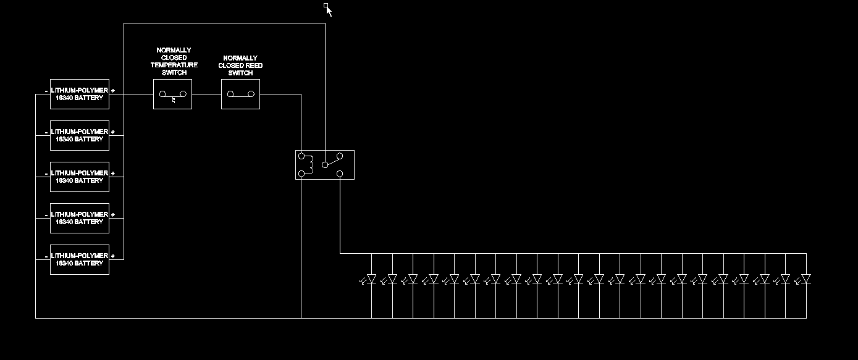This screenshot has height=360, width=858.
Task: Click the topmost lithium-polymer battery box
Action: click(79, 94)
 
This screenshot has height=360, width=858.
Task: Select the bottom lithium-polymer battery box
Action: click(79, 259)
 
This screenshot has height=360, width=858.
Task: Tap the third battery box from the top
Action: click(79, 177)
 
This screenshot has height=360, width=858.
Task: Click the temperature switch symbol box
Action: click(172, 94)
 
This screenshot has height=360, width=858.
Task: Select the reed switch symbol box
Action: click(240, 94)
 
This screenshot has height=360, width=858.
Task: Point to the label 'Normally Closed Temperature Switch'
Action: click(174, 61)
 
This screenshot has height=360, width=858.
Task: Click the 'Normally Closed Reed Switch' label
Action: click(240, 65)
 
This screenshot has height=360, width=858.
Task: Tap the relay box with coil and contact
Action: click(324, 165)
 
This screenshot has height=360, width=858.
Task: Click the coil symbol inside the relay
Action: click(311, 164)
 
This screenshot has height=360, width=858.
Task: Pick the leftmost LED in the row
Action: click(371, 279)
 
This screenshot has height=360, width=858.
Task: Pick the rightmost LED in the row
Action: click(805, 279)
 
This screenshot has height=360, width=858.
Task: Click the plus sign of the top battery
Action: click(113, 91)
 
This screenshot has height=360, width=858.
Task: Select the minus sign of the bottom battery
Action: click(46, 256)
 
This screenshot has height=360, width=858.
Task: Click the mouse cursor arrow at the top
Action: click(329, 10)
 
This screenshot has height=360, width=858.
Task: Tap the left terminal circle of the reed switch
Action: click(230, 94)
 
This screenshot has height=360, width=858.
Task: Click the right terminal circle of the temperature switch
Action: click(183, 94)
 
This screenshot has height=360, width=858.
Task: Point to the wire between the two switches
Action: click(206, 94)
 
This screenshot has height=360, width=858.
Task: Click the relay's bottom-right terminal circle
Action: click(340, 174)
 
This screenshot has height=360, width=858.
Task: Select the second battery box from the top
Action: click(79, 135)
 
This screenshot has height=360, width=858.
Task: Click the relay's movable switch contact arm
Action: click(333, 161)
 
